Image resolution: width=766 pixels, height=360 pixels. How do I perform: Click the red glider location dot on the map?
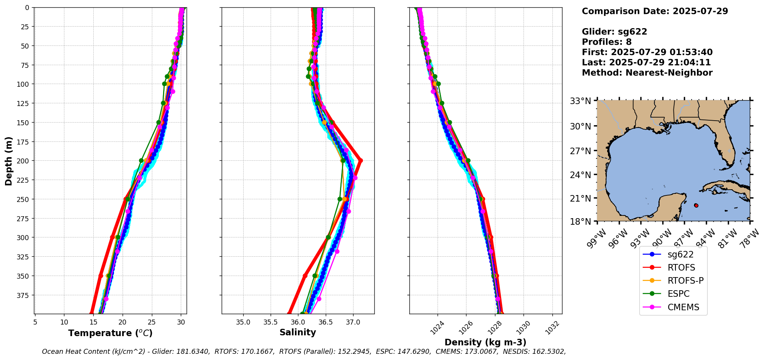696,205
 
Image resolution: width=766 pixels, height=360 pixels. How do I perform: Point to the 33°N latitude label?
581,101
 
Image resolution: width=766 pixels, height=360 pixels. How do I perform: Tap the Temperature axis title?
110,333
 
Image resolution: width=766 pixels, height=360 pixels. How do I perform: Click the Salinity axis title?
298,332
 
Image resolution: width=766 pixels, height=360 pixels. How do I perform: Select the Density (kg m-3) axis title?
485,342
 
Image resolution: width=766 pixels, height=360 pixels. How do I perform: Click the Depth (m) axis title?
8,161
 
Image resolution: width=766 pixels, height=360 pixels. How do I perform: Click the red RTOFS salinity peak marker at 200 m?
360,160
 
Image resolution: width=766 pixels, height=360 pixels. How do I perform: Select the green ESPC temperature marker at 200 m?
141,160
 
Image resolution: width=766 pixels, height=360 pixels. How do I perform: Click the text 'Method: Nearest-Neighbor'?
647,73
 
